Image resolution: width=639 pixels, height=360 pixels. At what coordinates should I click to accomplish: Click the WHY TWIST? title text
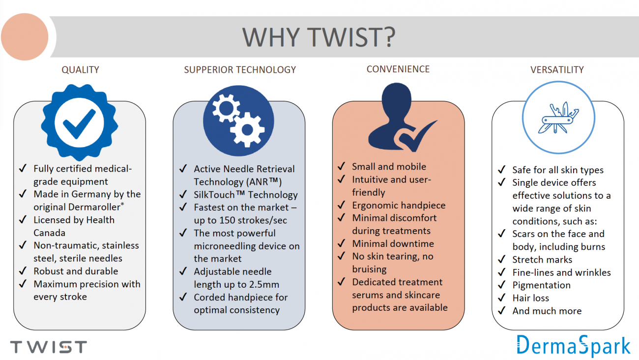[x=319, y=37]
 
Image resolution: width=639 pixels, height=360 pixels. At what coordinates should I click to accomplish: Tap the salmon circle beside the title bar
[x=25, y=37]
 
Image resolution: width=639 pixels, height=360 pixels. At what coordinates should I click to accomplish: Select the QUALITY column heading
[x=80, y=70]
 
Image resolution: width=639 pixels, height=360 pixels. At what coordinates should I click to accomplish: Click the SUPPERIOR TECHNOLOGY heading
[x=240, y=70]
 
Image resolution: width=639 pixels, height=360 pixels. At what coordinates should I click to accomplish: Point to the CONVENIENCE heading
[x=398, y=69]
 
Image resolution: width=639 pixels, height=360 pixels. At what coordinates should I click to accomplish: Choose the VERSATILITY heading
[x=557, y=70]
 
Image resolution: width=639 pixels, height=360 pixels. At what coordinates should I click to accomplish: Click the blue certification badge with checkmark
[x=80, y=122]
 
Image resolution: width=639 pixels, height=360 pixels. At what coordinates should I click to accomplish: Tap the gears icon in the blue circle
[x=238, y=121]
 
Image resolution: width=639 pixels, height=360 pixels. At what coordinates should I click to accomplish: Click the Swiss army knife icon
[x=558, y=118]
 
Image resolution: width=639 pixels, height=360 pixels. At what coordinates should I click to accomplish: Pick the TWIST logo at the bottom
[x=49, y=347]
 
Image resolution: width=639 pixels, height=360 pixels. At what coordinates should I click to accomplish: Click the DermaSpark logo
[x=574, y=346]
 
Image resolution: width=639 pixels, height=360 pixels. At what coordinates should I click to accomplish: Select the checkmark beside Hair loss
[x=502, y=298]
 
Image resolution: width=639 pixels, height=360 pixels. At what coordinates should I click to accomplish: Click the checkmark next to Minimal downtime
[x=342, y=243]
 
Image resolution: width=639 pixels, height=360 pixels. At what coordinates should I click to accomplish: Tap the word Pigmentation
[x=542, y=285]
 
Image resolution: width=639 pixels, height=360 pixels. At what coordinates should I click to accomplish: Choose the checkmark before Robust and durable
[x=23, y=270]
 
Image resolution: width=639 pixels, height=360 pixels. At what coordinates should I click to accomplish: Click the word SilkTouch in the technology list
[x=214, y=195]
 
